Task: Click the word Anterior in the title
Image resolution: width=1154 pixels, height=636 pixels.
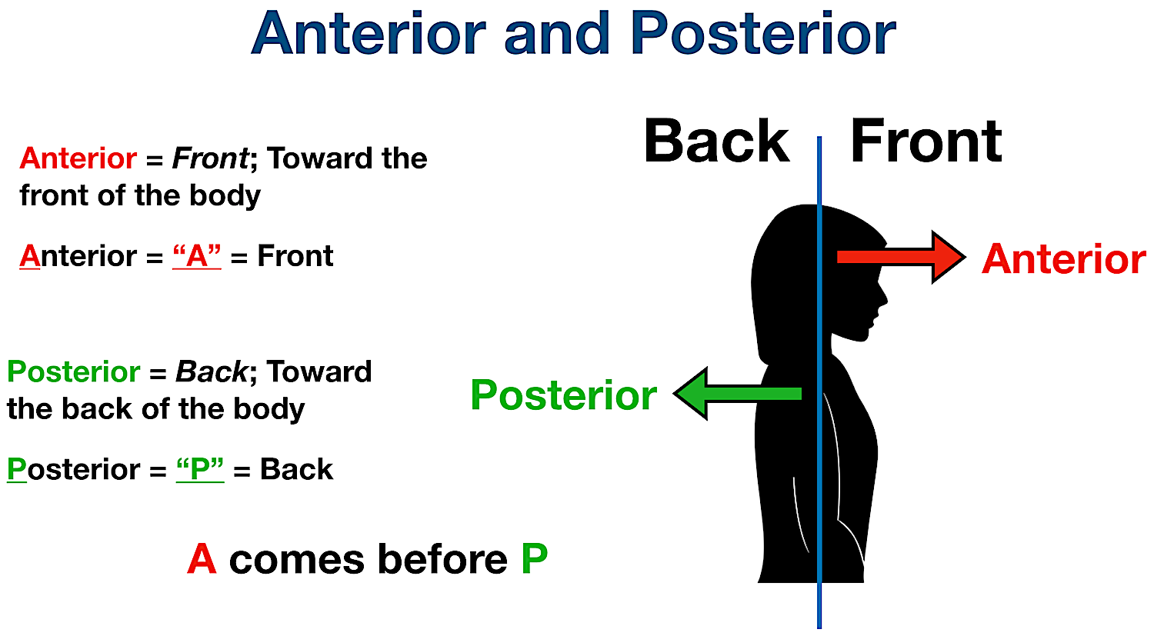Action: (x=369, y=35)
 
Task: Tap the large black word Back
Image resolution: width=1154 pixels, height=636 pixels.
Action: (x=716, y=142)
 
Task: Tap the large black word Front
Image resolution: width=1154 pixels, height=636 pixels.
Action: (x=926, y=142)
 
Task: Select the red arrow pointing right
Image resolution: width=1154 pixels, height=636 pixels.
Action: (x=900, y=257)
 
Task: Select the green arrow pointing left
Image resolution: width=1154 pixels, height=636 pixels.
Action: (x=739, y=393)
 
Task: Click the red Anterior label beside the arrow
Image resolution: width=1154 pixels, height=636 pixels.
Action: (x=1063, y=259)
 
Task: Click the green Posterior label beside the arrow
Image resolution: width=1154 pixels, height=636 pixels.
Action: (x=563, y=395)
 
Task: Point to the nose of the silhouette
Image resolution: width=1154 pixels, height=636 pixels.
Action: (x=885, y=297)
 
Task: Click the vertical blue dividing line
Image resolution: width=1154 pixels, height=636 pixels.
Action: (x=819, y=461)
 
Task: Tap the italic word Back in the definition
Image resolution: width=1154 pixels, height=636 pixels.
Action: (x=211, y=372)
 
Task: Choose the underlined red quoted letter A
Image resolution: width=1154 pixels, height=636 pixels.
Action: (x=197, y=256)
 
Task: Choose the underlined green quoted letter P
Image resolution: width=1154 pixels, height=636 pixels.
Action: (x=200, y=469)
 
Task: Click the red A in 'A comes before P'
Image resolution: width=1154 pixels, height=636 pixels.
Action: (x=202, y=559)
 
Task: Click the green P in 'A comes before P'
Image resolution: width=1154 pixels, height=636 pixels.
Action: (x=534, y=559)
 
